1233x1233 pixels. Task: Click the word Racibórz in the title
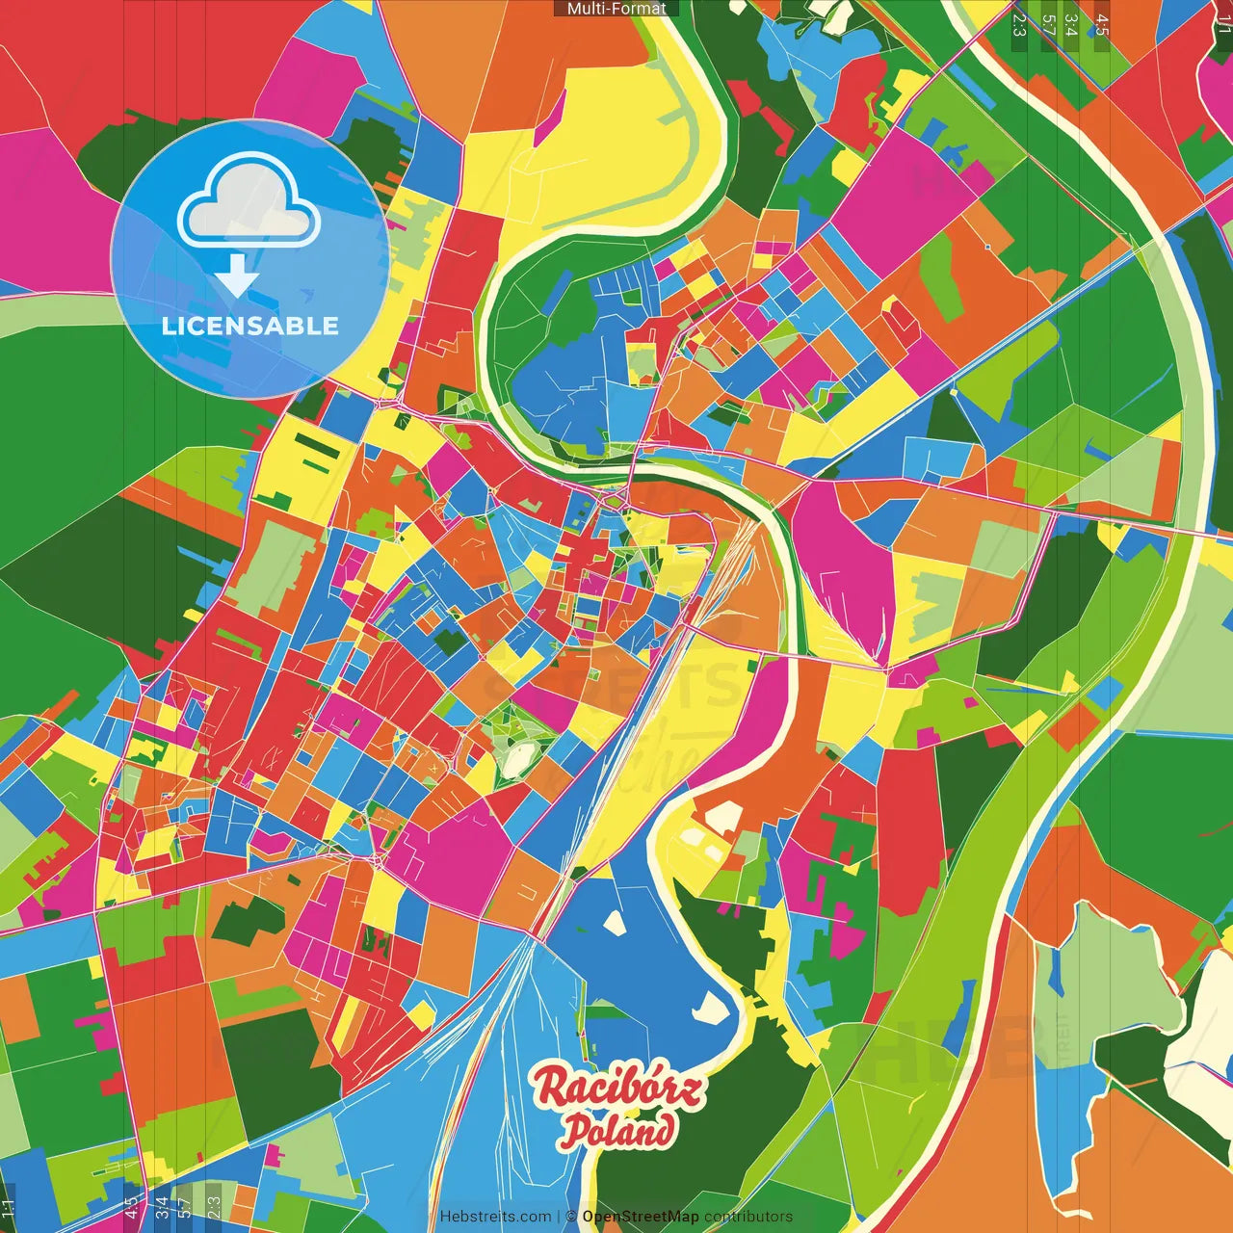[x=618, y=1089]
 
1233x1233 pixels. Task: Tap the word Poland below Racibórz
[x=617, y=1131]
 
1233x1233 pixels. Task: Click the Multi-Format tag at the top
[x=616, y=9]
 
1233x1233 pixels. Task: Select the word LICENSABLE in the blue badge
[x=249, y=326]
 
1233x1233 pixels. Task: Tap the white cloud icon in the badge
[x=249, y=204]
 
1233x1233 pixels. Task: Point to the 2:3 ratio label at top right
[x=1018, y=23]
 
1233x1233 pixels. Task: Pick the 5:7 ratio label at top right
[x=1048, y=23]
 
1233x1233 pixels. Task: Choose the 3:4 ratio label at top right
[x=1070, y=23]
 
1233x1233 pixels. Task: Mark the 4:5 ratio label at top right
[x=1102, y=23]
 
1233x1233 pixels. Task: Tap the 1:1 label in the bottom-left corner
[x=9, y=1209]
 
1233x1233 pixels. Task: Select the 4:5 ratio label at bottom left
[x=131, y=1209]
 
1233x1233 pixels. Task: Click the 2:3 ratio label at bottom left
[x=214, y=1209]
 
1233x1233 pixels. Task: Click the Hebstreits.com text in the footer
[x=495, y=1217]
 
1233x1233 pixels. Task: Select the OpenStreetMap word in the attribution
[x=640, y=1217]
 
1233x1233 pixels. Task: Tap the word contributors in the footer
[x=748, y=1217]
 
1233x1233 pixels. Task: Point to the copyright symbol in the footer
[x=571, y=1217]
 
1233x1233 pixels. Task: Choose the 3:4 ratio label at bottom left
[x=162, y=1209]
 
